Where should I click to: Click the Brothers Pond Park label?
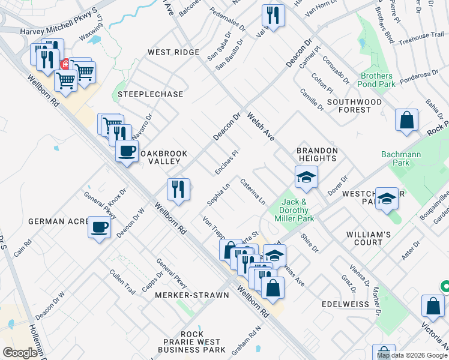pos(378,80)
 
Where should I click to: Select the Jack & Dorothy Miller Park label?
pos(295,210)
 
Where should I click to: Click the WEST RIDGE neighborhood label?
pos(174,53)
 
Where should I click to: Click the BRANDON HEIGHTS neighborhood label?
pos(317,154)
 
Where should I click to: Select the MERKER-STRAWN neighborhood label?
pos(192,295)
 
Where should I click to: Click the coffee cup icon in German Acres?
pos(100,227)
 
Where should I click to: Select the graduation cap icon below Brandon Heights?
pos(306,177)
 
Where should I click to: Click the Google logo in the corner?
pos(20,352)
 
